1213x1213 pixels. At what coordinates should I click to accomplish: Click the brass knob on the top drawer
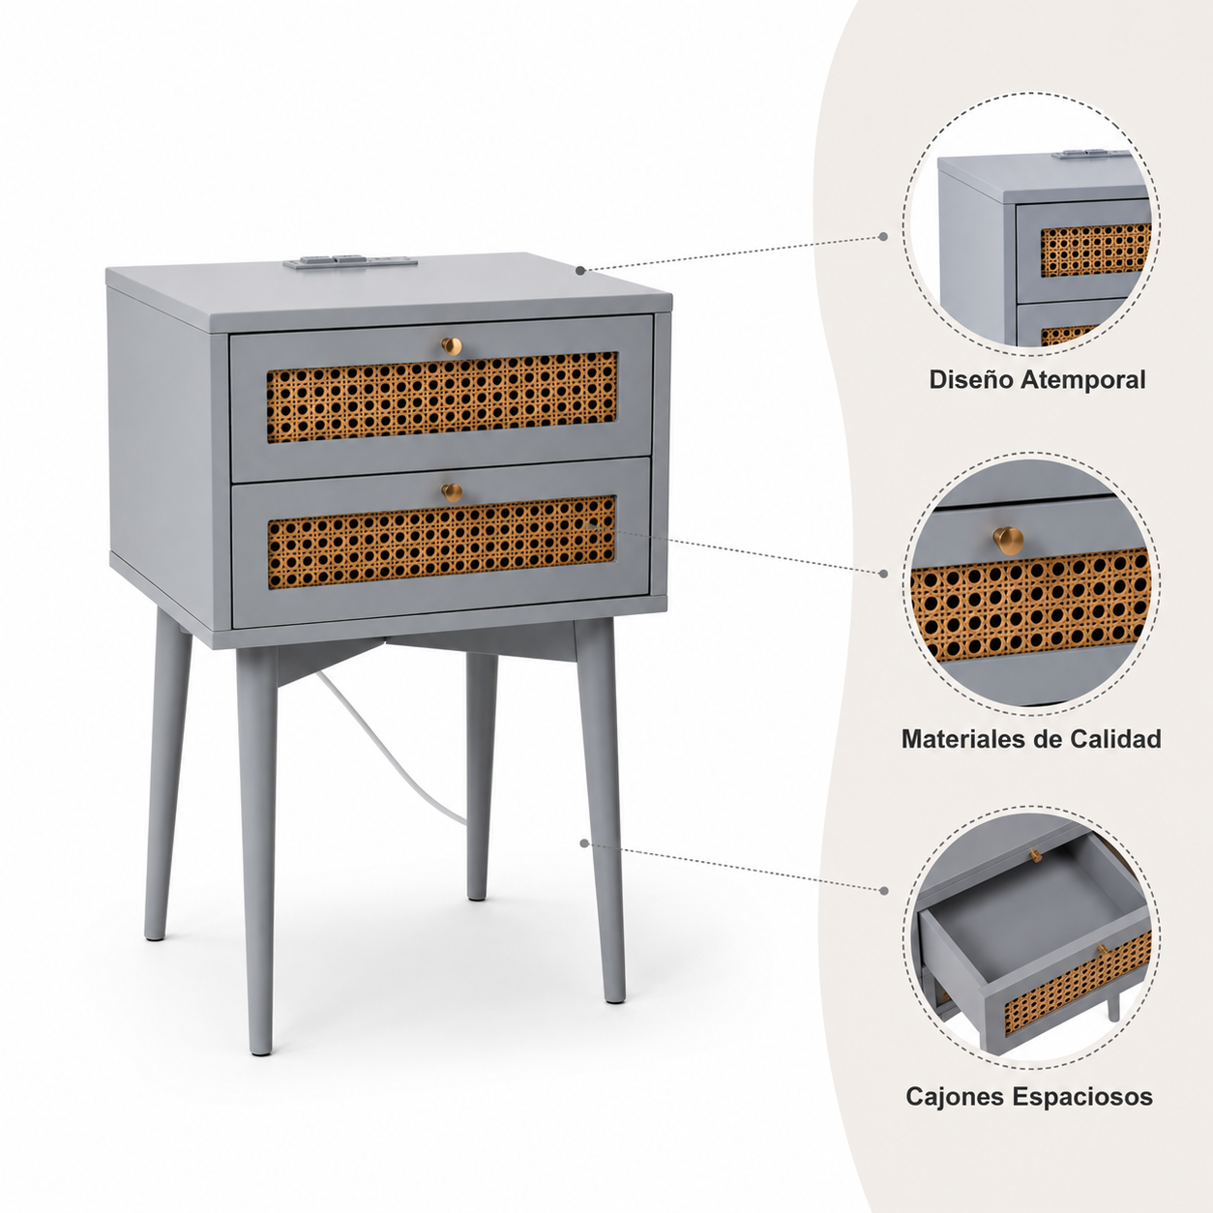pyautogui.click(x=452, y=345)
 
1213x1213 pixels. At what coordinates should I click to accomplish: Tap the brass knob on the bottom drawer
pyautogui.click(x=452, y=492)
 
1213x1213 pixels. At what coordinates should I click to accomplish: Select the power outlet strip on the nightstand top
pyautogui.click(x=350, y=260)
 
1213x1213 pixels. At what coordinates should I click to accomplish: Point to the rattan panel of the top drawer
pyautogui.click(x=442, y=397)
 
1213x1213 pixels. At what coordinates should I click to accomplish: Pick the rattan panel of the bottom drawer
pyautogui.click(x=442, y=542)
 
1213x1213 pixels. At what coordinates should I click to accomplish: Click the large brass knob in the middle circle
pyautogui.click(x=1009, y=539)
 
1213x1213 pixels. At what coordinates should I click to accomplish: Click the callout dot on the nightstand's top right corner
pyautogui.click(x=580, y=270)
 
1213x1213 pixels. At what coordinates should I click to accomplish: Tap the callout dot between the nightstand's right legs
pyautogui.click(x=584, y=843)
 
